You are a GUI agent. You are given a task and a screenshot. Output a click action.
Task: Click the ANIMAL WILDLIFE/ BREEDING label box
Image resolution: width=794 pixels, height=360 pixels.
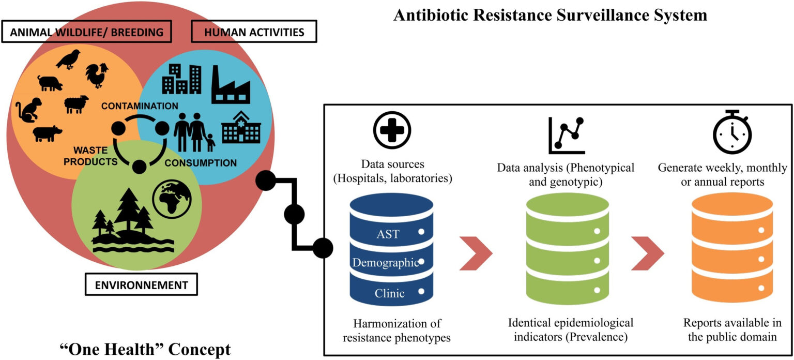pyautogui.click(x=86, y=32)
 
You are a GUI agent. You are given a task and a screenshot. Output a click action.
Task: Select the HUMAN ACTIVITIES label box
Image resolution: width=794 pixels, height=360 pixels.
pyautogui.click(x=254, y=32)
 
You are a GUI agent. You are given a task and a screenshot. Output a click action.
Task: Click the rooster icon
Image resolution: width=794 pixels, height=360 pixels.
pyautogui.click(x=97, y=75)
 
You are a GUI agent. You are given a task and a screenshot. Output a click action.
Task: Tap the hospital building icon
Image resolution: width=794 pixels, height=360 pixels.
pyautogui.click(x=241, y=127)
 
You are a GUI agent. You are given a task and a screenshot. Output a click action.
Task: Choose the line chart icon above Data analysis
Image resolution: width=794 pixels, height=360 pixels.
pyautogui.click(x=567, y=136)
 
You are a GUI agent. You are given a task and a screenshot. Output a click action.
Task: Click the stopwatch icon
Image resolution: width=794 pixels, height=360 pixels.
pyautogui.click(x=732, y=132)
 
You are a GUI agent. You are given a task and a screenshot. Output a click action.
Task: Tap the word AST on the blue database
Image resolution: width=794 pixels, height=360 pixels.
pyautogui.click(x=388, y=234)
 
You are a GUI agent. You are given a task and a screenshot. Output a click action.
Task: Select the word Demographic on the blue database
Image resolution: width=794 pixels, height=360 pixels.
pyautogui.click(x=385, y=263)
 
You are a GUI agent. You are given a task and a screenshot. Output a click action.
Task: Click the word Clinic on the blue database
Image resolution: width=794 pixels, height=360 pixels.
pyautogui.click(x=390, y=294)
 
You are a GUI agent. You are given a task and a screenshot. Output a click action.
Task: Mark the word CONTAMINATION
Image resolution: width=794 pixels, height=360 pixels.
pyautogui.click(x=140, y=106)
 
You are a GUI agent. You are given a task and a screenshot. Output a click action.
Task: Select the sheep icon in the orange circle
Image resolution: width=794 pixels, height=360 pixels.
pyautogui.click(x=77, y=103)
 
